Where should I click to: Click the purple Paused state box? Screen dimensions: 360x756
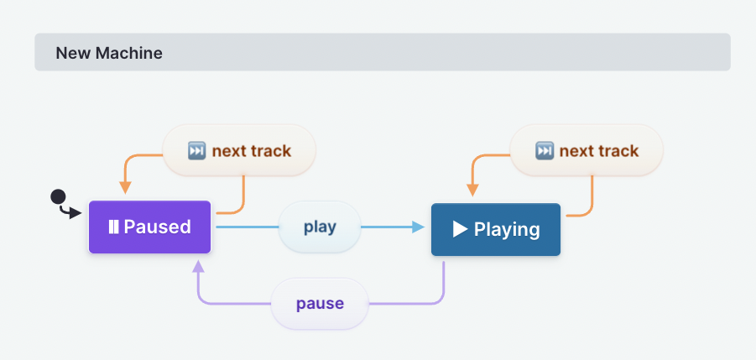(149, 227)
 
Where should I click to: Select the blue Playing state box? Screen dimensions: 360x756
(495, 229)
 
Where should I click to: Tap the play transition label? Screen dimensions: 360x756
(320, 227)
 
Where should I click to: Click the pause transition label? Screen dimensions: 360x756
(320, 303)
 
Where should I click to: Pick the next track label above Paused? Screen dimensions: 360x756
(239, 151)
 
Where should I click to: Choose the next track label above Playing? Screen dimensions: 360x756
(587, 151)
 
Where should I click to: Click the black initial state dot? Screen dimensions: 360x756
(58, 196)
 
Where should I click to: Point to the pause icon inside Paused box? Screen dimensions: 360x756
(112, 227)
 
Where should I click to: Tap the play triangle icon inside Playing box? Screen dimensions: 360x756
(460, 229)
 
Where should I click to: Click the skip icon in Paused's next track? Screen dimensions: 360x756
(196, 151)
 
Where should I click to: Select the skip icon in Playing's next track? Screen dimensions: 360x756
(545, 151)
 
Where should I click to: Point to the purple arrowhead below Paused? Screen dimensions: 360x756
(198, 266)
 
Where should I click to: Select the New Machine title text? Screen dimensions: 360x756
(109, 53)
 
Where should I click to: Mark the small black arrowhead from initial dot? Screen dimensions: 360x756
(76, 214)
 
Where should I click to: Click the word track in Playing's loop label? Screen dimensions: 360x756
(617, 151)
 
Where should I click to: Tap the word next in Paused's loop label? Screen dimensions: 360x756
(227, 151)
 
